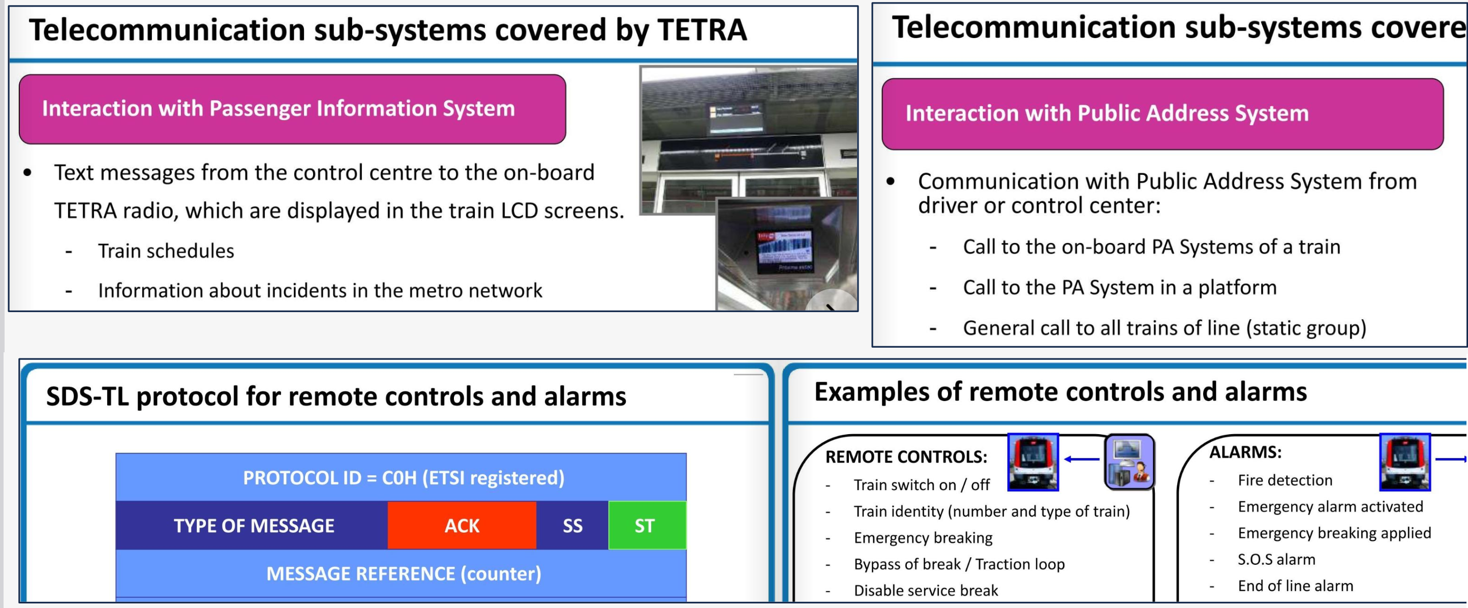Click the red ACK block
tap(462, 525)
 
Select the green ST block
tap(648, 525)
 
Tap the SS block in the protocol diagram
tap(572, 525)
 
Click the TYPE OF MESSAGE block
tap(252, 525)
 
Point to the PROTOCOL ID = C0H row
tap(401, 477)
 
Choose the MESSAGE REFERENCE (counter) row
tap(401, 573)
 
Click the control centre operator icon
tap(1129, 462)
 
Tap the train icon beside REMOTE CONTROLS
tap(1032, 462)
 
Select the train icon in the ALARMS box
tap(1405, 462)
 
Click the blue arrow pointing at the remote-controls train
tap(1082, 459)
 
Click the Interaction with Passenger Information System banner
tap(292, 109)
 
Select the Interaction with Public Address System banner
tap(1163, 114)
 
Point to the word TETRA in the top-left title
tap(702, 29)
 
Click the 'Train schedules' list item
tap(166, 251)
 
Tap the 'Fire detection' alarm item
tap(1285, 480)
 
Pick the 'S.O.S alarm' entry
tap(1276, 560)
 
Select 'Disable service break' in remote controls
tap(926, 590)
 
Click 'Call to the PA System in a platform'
tap(1120, 288)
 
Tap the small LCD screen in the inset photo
tap(785, 251)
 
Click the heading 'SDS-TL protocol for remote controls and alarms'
tap(336, 396)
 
